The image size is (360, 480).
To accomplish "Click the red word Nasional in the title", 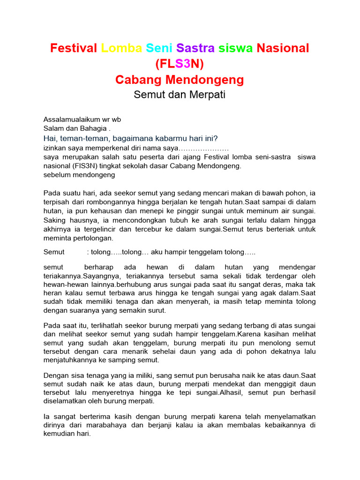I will coord(283,48).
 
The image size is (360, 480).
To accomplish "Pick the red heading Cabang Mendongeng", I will coord(180,80).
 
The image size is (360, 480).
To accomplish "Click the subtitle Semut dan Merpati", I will coord(180,95).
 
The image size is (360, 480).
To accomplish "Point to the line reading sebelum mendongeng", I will coord(79,175).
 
